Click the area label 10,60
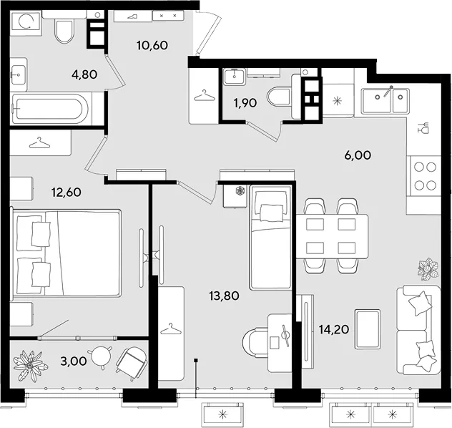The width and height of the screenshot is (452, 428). pyautogui.click(x=152, y=45)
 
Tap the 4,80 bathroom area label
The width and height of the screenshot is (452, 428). pyautogui.click(x=84, y=74)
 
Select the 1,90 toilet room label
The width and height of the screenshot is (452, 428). pyautogui.click(x=245, y=102)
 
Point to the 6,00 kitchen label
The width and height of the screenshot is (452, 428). pyautogui.click(x=358, y=155)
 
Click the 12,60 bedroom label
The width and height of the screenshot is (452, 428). pyautogui.click(x=66, y=192)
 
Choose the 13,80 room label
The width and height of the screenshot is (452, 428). pyautogui.click(x=224, y=296)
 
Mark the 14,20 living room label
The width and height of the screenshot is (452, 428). pyautogui.click(x=334, y=329)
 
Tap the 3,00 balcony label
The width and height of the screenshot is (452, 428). pyautogui.click(x=74, y=361)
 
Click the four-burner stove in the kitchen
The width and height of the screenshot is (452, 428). pyautogui.click(x=424, y=176)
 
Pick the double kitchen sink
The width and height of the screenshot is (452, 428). pyautogui.click(x=385, y=100)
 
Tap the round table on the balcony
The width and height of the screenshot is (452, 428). pyautogui.click(x=101, y=357)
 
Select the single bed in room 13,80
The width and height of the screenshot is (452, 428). pyautogui.click(x=270, y=237)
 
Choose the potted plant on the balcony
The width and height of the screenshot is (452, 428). pyautogui.click(x=30, y=365)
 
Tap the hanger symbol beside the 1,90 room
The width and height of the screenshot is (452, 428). pyautogui.click(x=205, y=95)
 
